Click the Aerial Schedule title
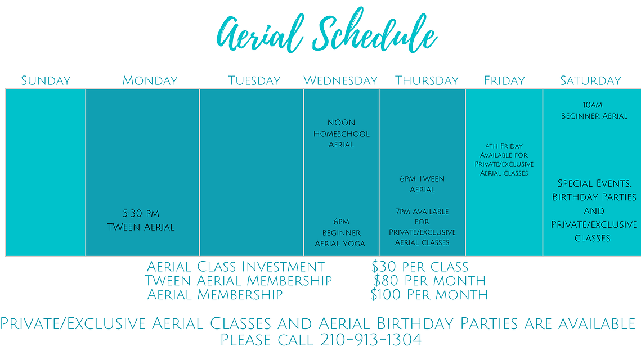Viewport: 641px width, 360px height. click(x=326, y=31)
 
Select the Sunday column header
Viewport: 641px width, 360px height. click(x=46, y=80)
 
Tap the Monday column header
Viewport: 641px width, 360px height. click(x=150, y=80)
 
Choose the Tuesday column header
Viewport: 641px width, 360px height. click(x=254, y=80)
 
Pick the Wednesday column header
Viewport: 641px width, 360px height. click(x=340, y=80)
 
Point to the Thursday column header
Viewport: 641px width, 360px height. click(x=427, y=80)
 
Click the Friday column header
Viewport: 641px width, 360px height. click(x=504, y=80)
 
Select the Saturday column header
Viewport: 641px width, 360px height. click(x=590, y=80)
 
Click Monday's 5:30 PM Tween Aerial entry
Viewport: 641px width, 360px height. click(x=141, y=220)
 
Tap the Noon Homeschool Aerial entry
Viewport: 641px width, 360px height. click(x=342, y=134)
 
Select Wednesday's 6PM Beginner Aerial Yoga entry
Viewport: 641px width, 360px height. click(x=340, y=232)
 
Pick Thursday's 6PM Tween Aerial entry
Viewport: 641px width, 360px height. click(x=422, y=184)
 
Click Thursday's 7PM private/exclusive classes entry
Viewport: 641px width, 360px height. click(x=422, y=227)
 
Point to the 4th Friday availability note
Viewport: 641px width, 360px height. click(x=504, y=159)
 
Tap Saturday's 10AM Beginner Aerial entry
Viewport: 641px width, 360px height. click(x=594, y=110)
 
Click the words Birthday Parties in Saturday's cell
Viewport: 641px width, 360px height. click(x=594, y=197)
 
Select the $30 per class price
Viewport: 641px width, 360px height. click(x=420, y=267)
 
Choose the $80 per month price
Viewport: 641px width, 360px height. click(x=429, y=281)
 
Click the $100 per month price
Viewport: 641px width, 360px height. click(x=429, y=295)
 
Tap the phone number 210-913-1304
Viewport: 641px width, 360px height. click(x=371, y=340)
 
